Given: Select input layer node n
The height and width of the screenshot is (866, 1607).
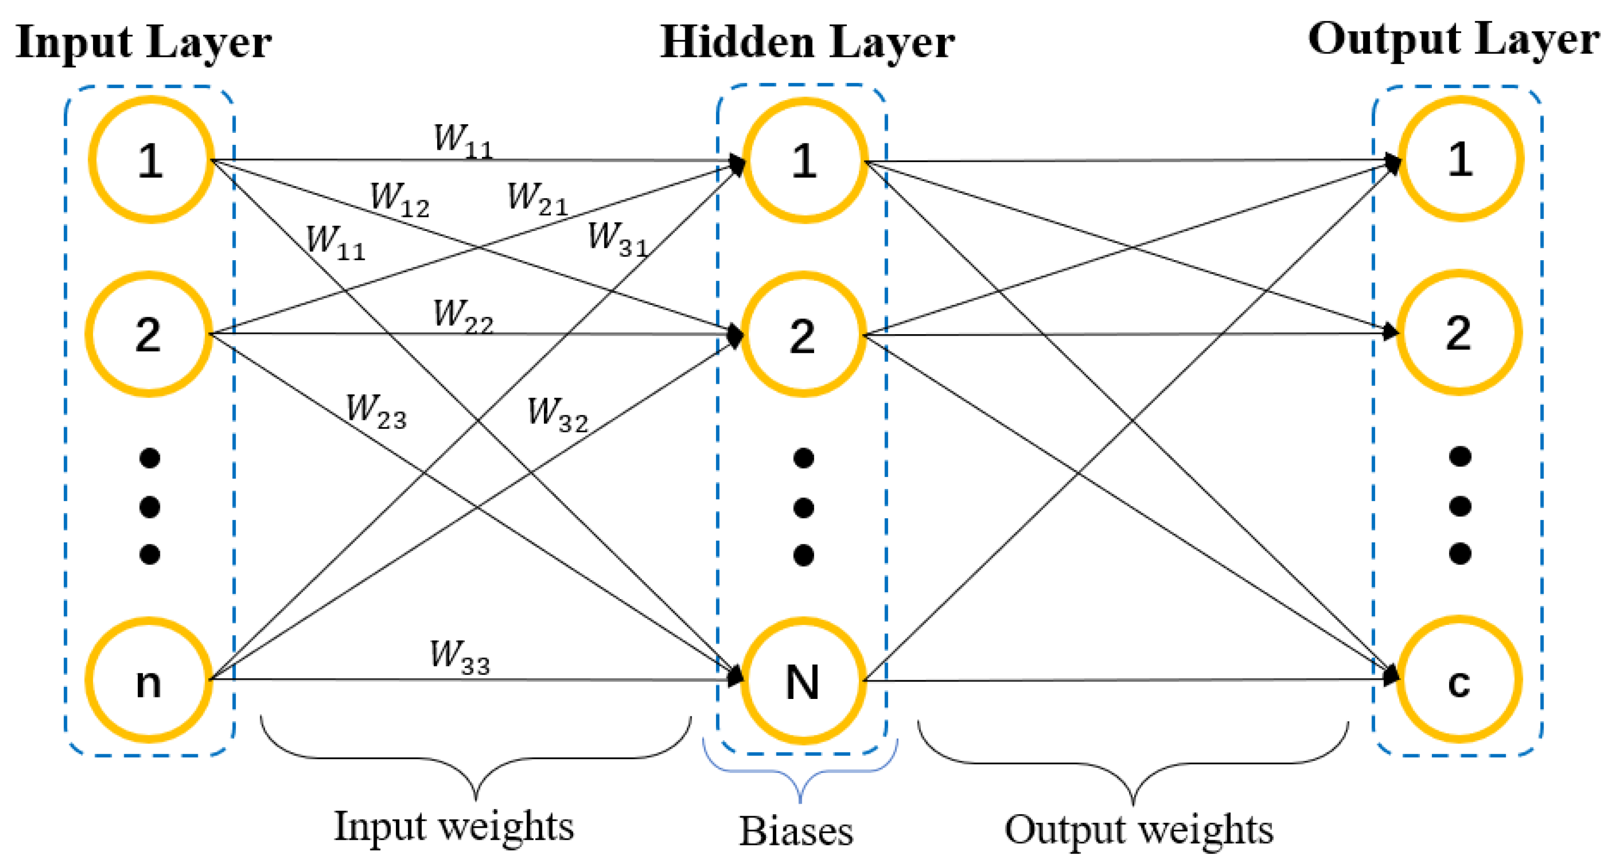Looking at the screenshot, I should tap(148, 680).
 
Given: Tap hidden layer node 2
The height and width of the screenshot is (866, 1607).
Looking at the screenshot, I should tap(803, 335).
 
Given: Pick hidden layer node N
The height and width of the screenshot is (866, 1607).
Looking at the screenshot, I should tap(803, 681).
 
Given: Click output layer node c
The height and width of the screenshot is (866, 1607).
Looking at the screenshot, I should tap(1459, 680).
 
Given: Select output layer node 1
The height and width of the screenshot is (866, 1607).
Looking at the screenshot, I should tap(1461, 159).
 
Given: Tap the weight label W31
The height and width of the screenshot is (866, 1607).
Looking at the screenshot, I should tap(618, 240).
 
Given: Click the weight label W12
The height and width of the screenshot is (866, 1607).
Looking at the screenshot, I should tap(400, 200).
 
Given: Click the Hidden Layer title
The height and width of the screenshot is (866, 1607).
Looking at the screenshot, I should tap(807, 42).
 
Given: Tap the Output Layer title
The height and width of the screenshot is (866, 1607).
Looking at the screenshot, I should tap(1454, 39).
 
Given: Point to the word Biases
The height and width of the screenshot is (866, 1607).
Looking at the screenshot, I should tap(796, 831).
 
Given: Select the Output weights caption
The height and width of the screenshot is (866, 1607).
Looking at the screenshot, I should tap(1139, 830).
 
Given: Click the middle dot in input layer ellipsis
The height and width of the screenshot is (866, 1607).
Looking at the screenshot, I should tap(150, 507).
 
